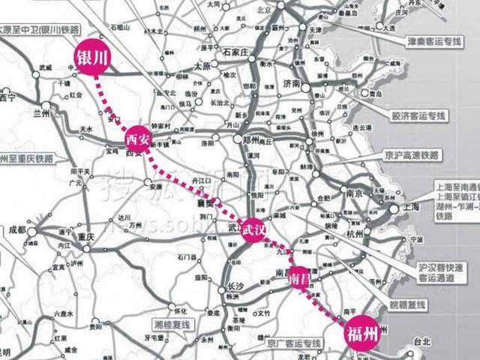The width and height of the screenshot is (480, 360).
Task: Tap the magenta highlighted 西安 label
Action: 138,139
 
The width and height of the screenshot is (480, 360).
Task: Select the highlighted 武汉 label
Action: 253,229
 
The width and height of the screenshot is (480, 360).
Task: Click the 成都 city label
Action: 17,231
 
